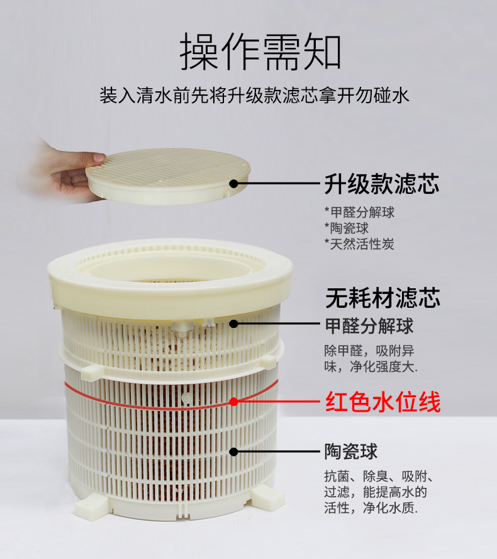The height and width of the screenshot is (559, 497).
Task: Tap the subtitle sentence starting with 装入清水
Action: pyautogui.click(x=255, y=96)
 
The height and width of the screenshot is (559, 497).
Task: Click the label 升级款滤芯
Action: pyautogui.click(x=381, y=184)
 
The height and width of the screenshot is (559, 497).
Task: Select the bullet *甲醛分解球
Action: pyautogui.click(x=359, y=212)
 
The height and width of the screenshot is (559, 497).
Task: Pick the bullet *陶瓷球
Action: pyautogui.click(x=346, y=228)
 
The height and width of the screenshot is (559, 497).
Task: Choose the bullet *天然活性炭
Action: pyautogui.click(x=359, y=244)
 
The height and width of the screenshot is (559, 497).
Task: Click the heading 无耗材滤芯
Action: pyautogui.click(x=383, y=298)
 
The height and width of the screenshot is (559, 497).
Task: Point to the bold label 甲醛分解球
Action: pyautogui.click(x=369, y=325)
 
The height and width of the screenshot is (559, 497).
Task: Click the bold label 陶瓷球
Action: pyautogui.click(x=351, y=451)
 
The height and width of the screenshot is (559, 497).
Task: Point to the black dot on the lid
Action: pyautogui.click(x=233, y=184)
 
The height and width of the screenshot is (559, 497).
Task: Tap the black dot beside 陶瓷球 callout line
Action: pyautogui.click(x=233, y=451)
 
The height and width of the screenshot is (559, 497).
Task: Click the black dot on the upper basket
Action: pyautogui.click(x=233, y=324)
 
